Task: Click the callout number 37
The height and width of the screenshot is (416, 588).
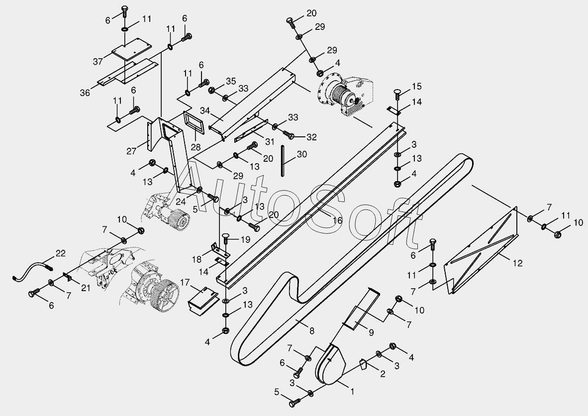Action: pos(98,61)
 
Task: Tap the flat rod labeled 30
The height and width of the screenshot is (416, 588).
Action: pos(283,160)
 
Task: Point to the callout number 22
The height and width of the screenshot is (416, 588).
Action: pos(60,253)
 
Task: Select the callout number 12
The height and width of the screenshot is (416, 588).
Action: pos(518,263)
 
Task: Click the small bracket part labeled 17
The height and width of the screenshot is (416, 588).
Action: pos(202,300)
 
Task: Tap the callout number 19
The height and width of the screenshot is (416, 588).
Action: pos(245,239)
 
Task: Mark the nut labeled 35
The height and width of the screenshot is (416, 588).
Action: pos(212,91)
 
